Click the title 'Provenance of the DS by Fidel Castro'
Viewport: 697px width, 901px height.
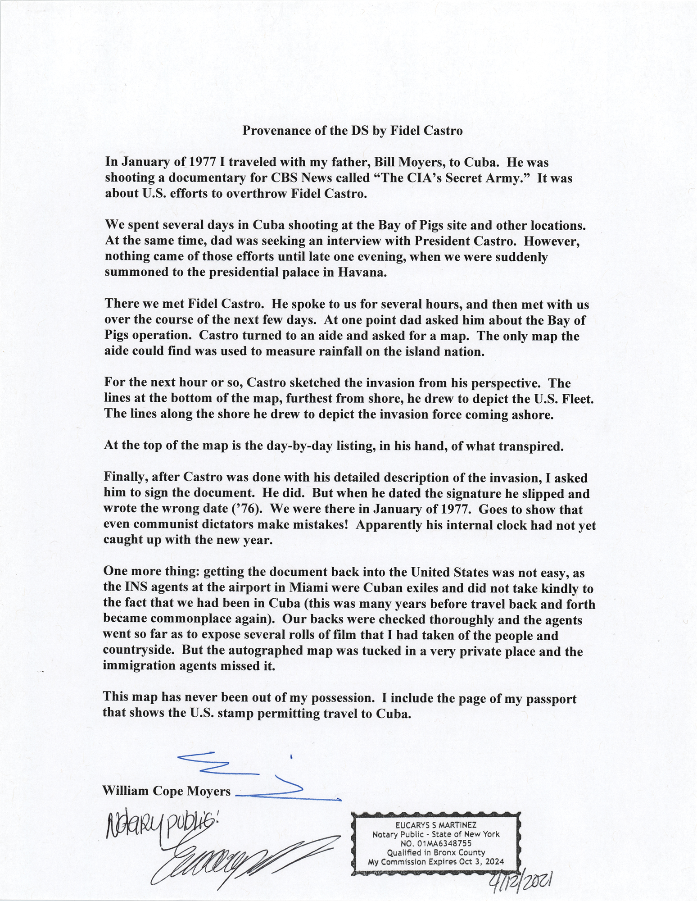click(x=353, y=131)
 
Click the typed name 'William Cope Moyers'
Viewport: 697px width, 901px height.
click(x=167, y=791)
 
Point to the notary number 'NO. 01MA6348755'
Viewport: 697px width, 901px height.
click(x=435, y=843)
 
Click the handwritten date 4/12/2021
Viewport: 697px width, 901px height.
click(x=523, y=878)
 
